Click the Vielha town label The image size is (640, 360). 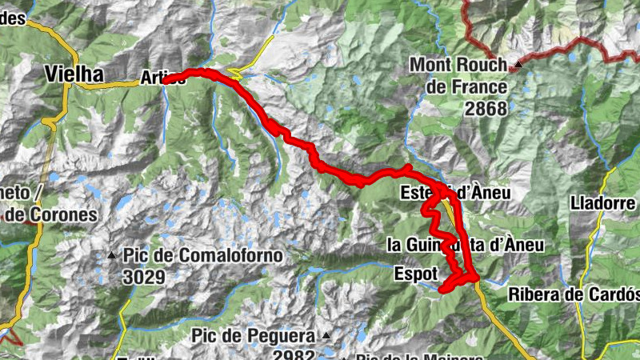74,74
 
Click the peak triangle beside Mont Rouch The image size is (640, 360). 518,64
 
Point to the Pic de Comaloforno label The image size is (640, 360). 203,256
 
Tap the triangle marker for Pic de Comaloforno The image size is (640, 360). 111,256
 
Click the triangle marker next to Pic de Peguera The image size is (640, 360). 326,335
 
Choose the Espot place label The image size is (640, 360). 416,274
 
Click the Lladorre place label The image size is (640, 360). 602,203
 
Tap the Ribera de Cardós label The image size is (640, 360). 574,294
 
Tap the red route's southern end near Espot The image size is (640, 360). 442,289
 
